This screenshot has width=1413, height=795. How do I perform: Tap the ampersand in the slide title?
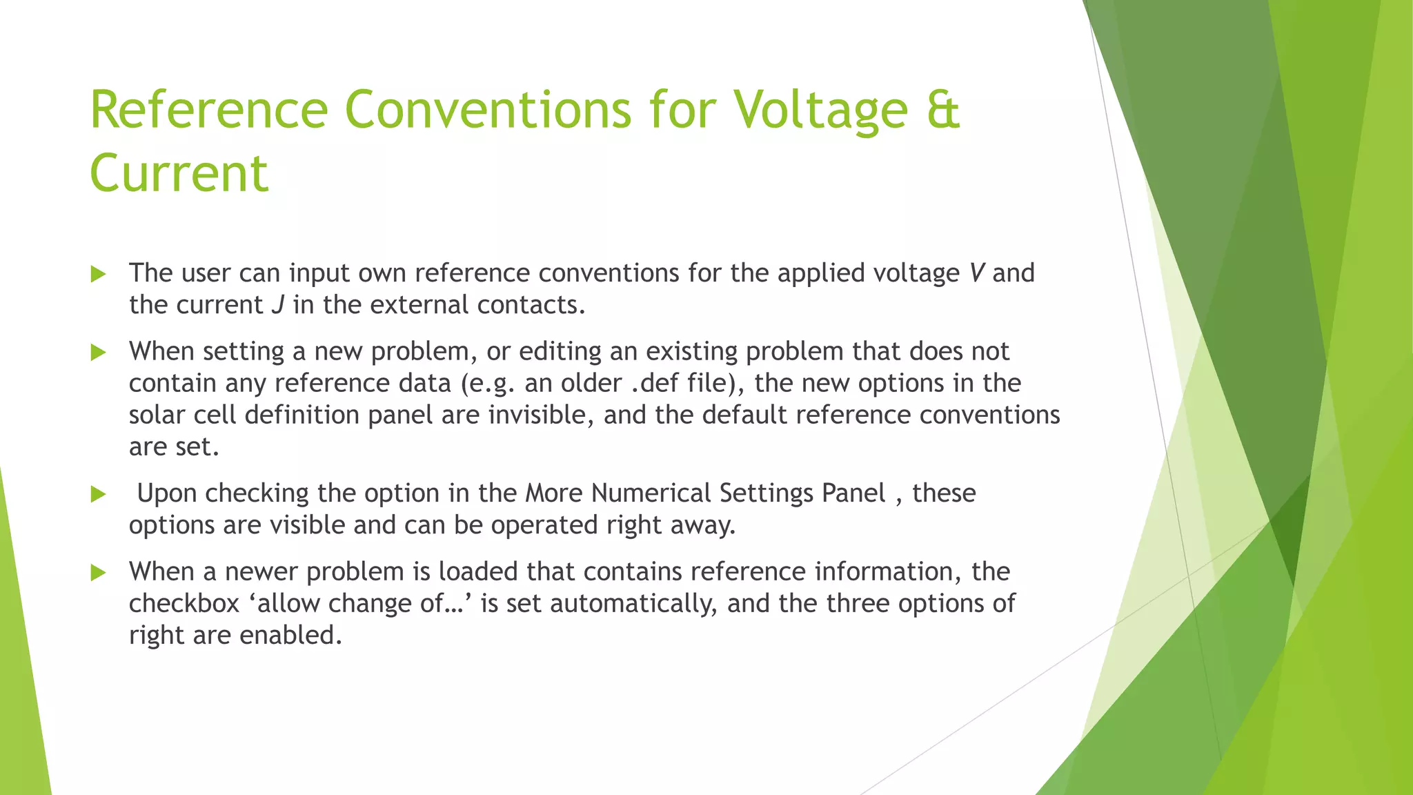click(941, 110)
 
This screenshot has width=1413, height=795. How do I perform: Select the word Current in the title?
click(179, 174)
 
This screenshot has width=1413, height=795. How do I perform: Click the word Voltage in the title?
click(820, 110)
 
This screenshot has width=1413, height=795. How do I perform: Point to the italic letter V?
click(976, 273)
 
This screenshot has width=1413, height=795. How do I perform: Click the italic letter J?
click(277, 305)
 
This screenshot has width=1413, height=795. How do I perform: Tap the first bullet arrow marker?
click(98, 275)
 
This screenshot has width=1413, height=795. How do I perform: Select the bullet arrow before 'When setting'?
click(98, 353)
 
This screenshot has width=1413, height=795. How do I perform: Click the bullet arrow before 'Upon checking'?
click(98, 494)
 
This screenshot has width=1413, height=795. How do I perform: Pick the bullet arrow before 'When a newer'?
click(98, 573)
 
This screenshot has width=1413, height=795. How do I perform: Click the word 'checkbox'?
click(184, 604)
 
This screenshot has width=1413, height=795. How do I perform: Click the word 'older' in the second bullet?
click(591, 383)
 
